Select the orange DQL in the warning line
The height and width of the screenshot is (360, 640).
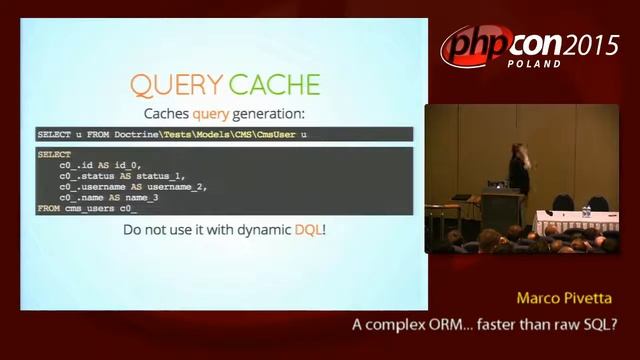tap(308, 230)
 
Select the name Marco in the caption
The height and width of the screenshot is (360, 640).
tap(539, 299)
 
